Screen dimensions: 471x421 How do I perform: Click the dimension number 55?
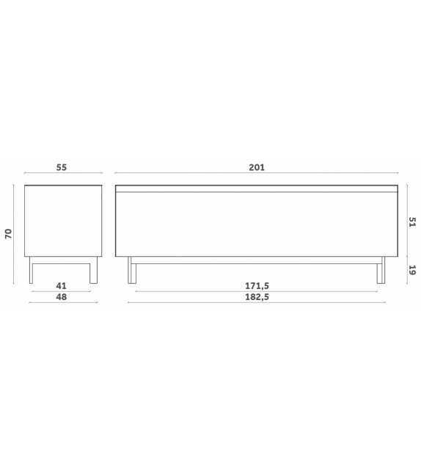pos(62,167)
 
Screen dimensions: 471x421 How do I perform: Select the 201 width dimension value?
pos(256,167)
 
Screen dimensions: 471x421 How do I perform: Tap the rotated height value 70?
pos(8,234)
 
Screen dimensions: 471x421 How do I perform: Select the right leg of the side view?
pos(92,271)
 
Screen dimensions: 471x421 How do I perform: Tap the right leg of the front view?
pos(380,271)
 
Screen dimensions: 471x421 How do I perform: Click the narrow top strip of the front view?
pos(256,189)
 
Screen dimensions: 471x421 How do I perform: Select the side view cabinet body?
pos(62,221)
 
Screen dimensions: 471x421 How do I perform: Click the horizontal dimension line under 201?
pos(256,175)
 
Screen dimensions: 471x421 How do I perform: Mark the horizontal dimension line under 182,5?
pos(256,302)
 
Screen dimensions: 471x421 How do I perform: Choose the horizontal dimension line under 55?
pos(62,175)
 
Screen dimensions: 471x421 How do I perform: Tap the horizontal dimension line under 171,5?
pos(256,291)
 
